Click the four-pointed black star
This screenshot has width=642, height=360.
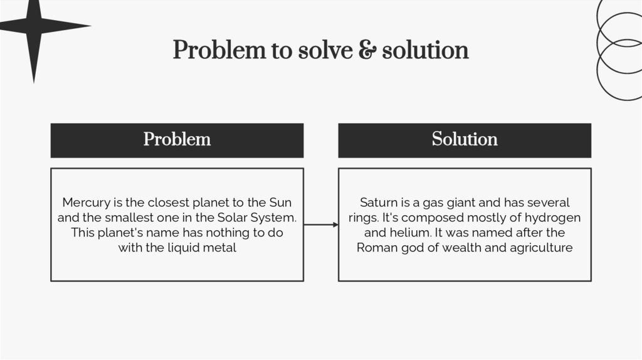tap(34, 26)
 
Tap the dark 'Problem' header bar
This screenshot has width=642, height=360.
tap(177, 140)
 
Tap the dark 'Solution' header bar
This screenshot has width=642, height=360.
tap(465, 140)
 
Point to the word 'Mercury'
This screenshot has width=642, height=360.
tap(85, 203)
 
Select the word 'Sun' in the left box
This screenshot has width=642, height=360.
tap(280, 203)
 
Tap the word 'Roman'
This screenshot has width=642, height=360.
tap(376, 248)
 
